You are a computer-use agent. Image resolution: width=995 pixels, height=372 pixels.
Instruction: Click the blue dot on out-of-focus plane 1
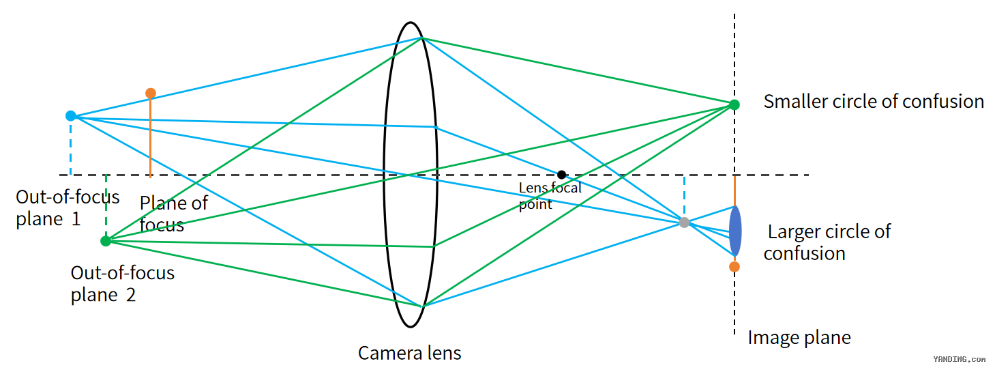[71, 116]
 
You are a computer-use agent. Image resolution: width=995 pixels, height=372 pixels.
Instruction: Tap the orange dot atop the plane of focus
[151, 94]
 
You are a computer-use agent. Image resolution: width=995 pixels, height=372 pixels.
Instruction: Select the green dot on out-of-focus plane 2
[106, 242]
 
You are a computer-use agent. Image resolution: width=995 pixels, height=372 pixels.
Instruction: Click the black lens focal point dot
[562, 175]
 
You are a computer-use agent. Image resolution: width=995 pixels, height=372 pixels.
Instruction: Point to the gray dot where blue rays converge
[685, 223]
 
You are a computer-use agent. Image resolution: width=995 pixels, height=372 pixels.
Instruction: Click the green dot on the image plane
[734, 105]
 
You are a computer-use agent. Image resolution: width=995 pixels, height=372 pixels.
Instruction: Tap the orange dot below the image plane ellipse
[734, 267]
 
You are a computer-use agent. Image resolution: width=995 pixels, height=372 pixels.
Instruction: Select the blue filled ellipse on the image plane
[735, 231]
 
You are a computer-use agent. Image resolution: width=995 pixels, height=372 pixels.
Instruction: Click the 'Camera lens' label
[410, 354]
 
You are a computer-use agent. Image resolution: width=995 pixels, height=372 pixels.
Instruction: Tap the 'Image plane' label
[799, 338]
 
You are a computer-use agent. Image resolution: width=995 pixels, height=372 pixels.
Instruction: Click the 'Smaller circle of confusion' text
[874, 101]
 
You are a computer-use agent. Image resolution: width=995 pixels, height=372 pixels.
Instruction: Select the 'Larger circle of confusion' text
[827, 242]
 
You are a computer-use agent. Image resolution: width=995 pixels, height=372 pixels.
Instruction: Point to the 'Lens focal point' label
[550, 196]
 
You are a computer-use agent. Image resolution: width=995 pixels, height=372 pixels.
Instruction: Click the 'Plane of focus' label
[174, 214]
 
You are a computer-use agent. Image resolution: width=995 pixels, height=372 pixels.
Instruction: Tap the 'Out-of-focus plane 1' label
[68, 208]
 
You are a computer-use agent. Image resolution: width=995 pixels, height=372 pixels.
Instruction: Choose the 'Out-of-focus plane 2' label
[123, 283]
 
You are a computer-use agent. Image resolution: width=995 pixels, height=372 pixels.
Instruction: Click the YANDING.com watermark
[960, 359]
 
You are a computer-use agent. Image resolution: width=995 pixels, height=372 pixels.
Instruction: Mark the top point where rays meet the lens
[421, 38]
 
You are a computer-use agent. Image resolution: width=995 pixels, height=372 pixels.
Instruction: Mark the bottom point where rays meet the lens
[422, 306]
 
